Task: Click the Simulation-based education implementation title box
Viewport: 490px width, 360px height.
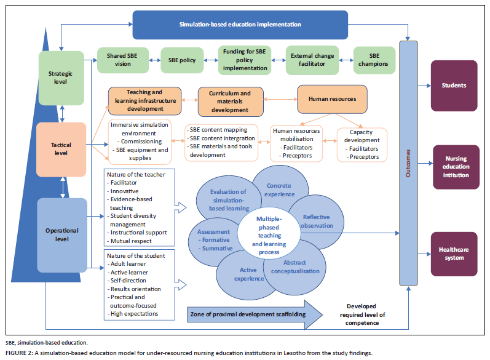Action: coord(240,25)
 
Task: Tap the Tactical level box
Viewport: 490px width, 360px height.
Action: coord(61,149)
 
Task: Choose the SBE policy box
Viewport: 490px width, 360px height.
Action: coord(181,61)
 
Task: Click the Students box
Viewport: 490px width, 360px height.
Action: coord(454,85)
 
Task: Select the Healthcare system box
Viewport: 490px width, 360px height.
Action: coord(454,254)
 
